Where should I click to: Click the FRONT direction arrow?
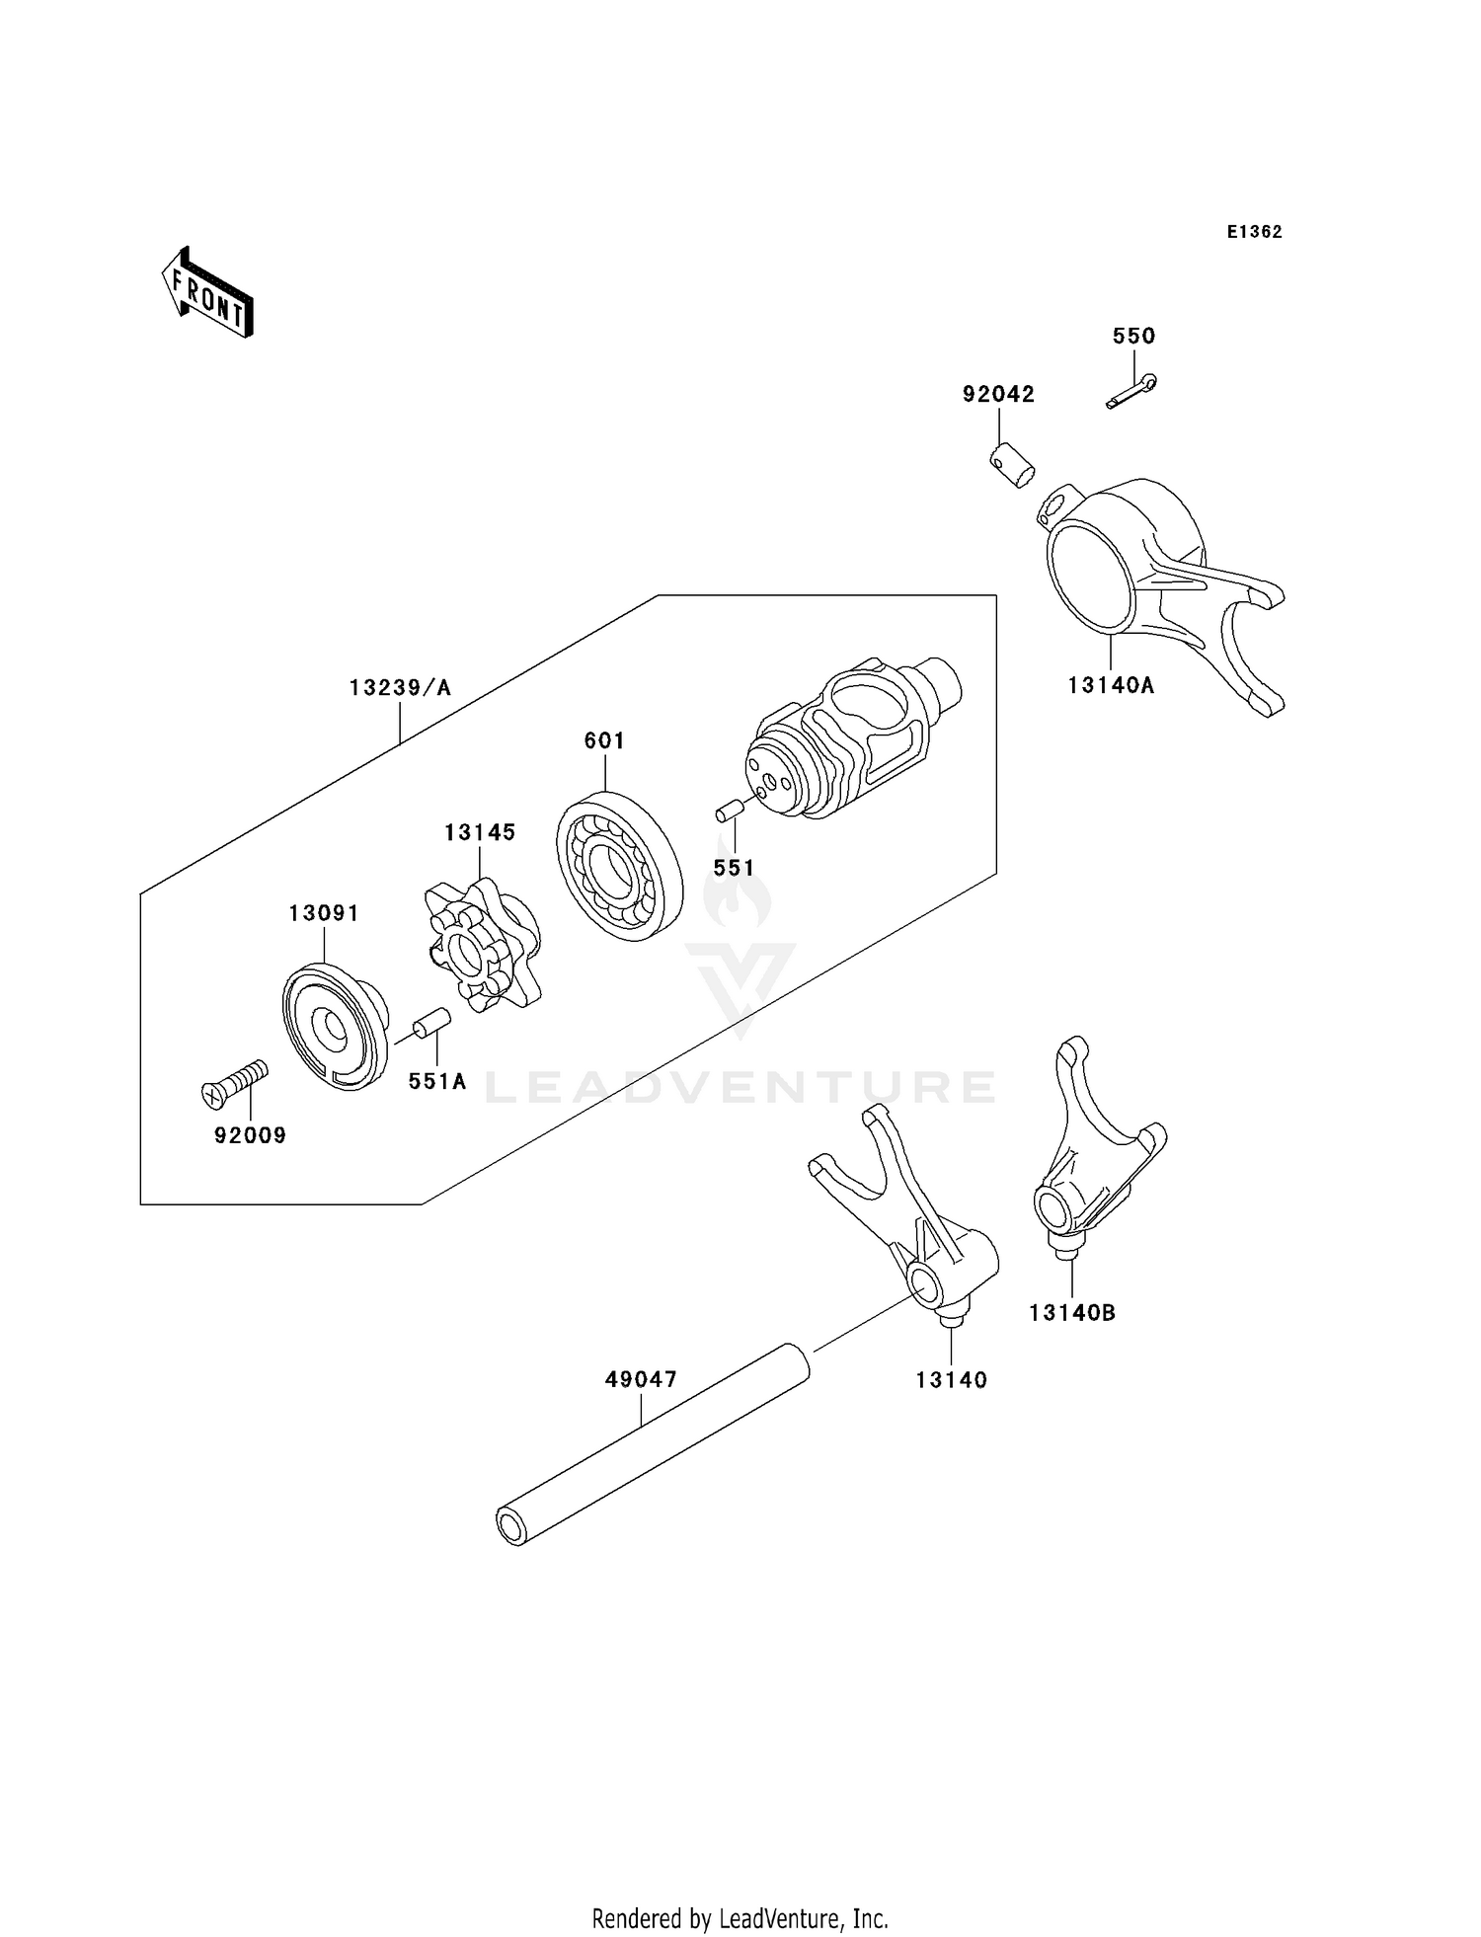pos(208,292)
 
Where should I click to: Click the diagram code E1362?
pos(1254,232)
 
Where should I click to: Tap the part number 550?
pos(1133,336)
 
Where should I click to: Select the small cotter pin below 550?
pos(1131,391)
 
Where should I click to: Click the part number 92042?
pos(998,394)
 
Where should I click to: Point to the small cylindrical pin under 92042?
pos(1012,465)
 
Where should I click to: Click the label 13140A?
pos(1111,684)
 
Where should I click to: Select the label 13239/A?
pos(400,687)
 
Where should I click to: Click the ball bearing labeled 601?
pos(619,865)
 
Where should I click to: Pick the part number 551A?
pos(436,1081)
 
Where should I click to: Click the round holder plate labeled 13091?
pos(334,1028)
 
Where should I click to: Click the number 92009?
pos(250,1135)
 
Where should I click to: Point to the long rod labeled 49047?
pos(652,1443)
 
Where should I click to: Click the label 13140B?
pos(1071,1312)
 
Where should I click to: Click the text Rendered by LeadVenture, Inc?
pos(740,1918)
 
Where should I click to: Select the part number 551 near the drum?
pos(734,868)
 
